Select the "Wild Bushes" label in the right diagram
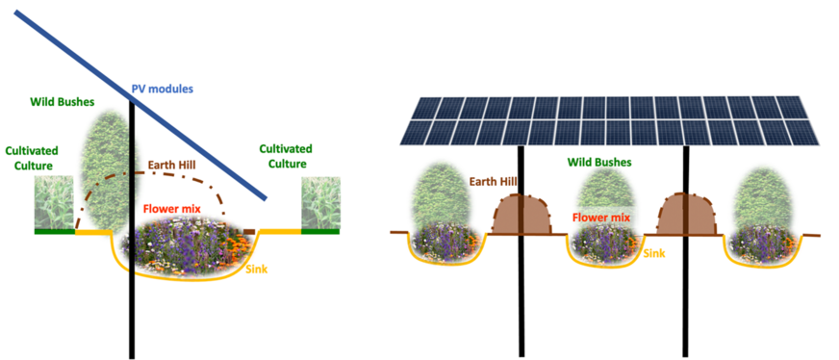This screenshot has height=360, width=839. [x=598, y=163]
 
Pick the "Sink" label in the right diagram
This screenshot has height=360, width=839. [x=654, y=253]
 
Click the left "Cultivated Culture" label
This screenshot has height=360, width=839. [x=33, y=158]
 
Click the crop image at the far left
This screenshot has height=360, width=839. [x=54, y=203]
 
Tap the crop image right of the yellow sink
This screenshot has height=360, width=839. [x=319, y=203]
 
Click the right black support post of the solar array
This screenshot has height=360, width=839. [x=686, y=289]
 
